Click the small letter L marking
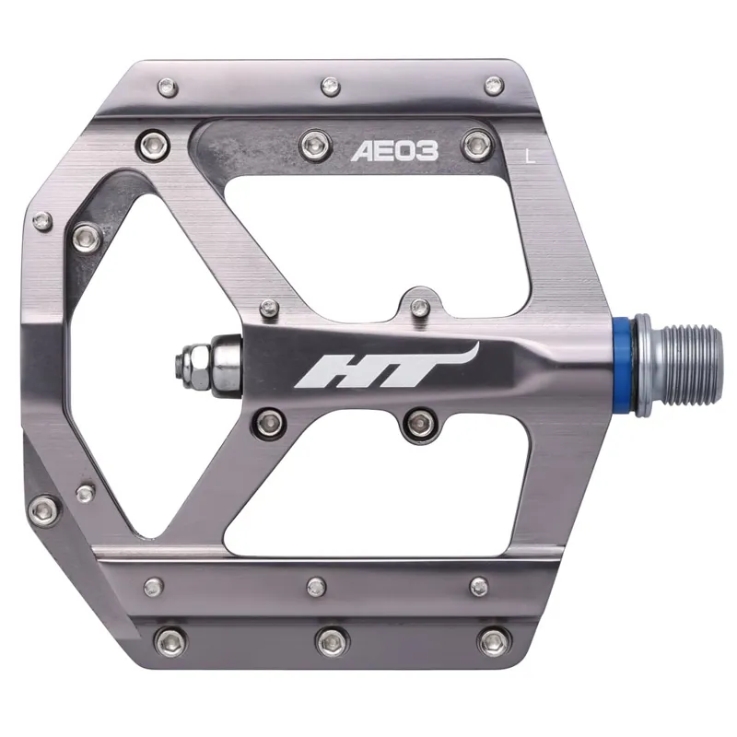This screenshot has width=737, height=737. [528, 154]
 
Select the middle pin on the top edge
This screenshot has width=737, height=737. [329, 86]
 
